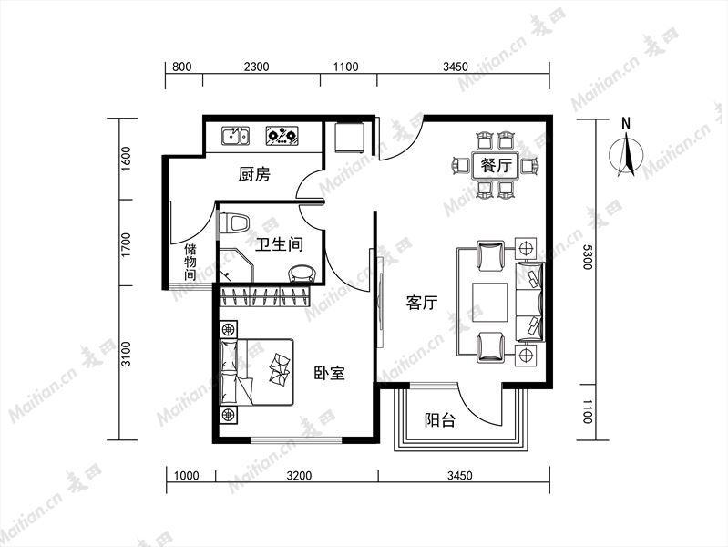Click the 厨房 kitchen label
tap(254, 174)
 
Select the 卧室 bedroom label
tap(329, 373)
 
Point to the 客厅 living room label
tap(422, 303)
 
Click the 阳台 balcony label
tap(440, 420)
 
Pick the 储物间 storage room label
tap(190, 262)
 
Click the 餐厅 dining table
tap(496, 166)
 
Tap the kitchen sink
tap(235, 136)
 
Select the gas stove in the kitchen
tap(282, 136)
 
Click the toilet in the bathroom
tap(234, 223)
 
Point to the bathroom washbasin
tap(302, 274)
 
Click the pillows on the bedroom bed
tap(281, 368)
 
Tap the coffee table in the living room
tap(490, 302)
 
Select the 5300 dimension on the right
tap(587, 257)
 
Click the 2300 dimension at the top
tap(256, 67)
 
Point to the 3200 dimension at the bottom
tap(299, 475)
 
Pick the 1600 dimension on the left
tap(126, 159)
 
